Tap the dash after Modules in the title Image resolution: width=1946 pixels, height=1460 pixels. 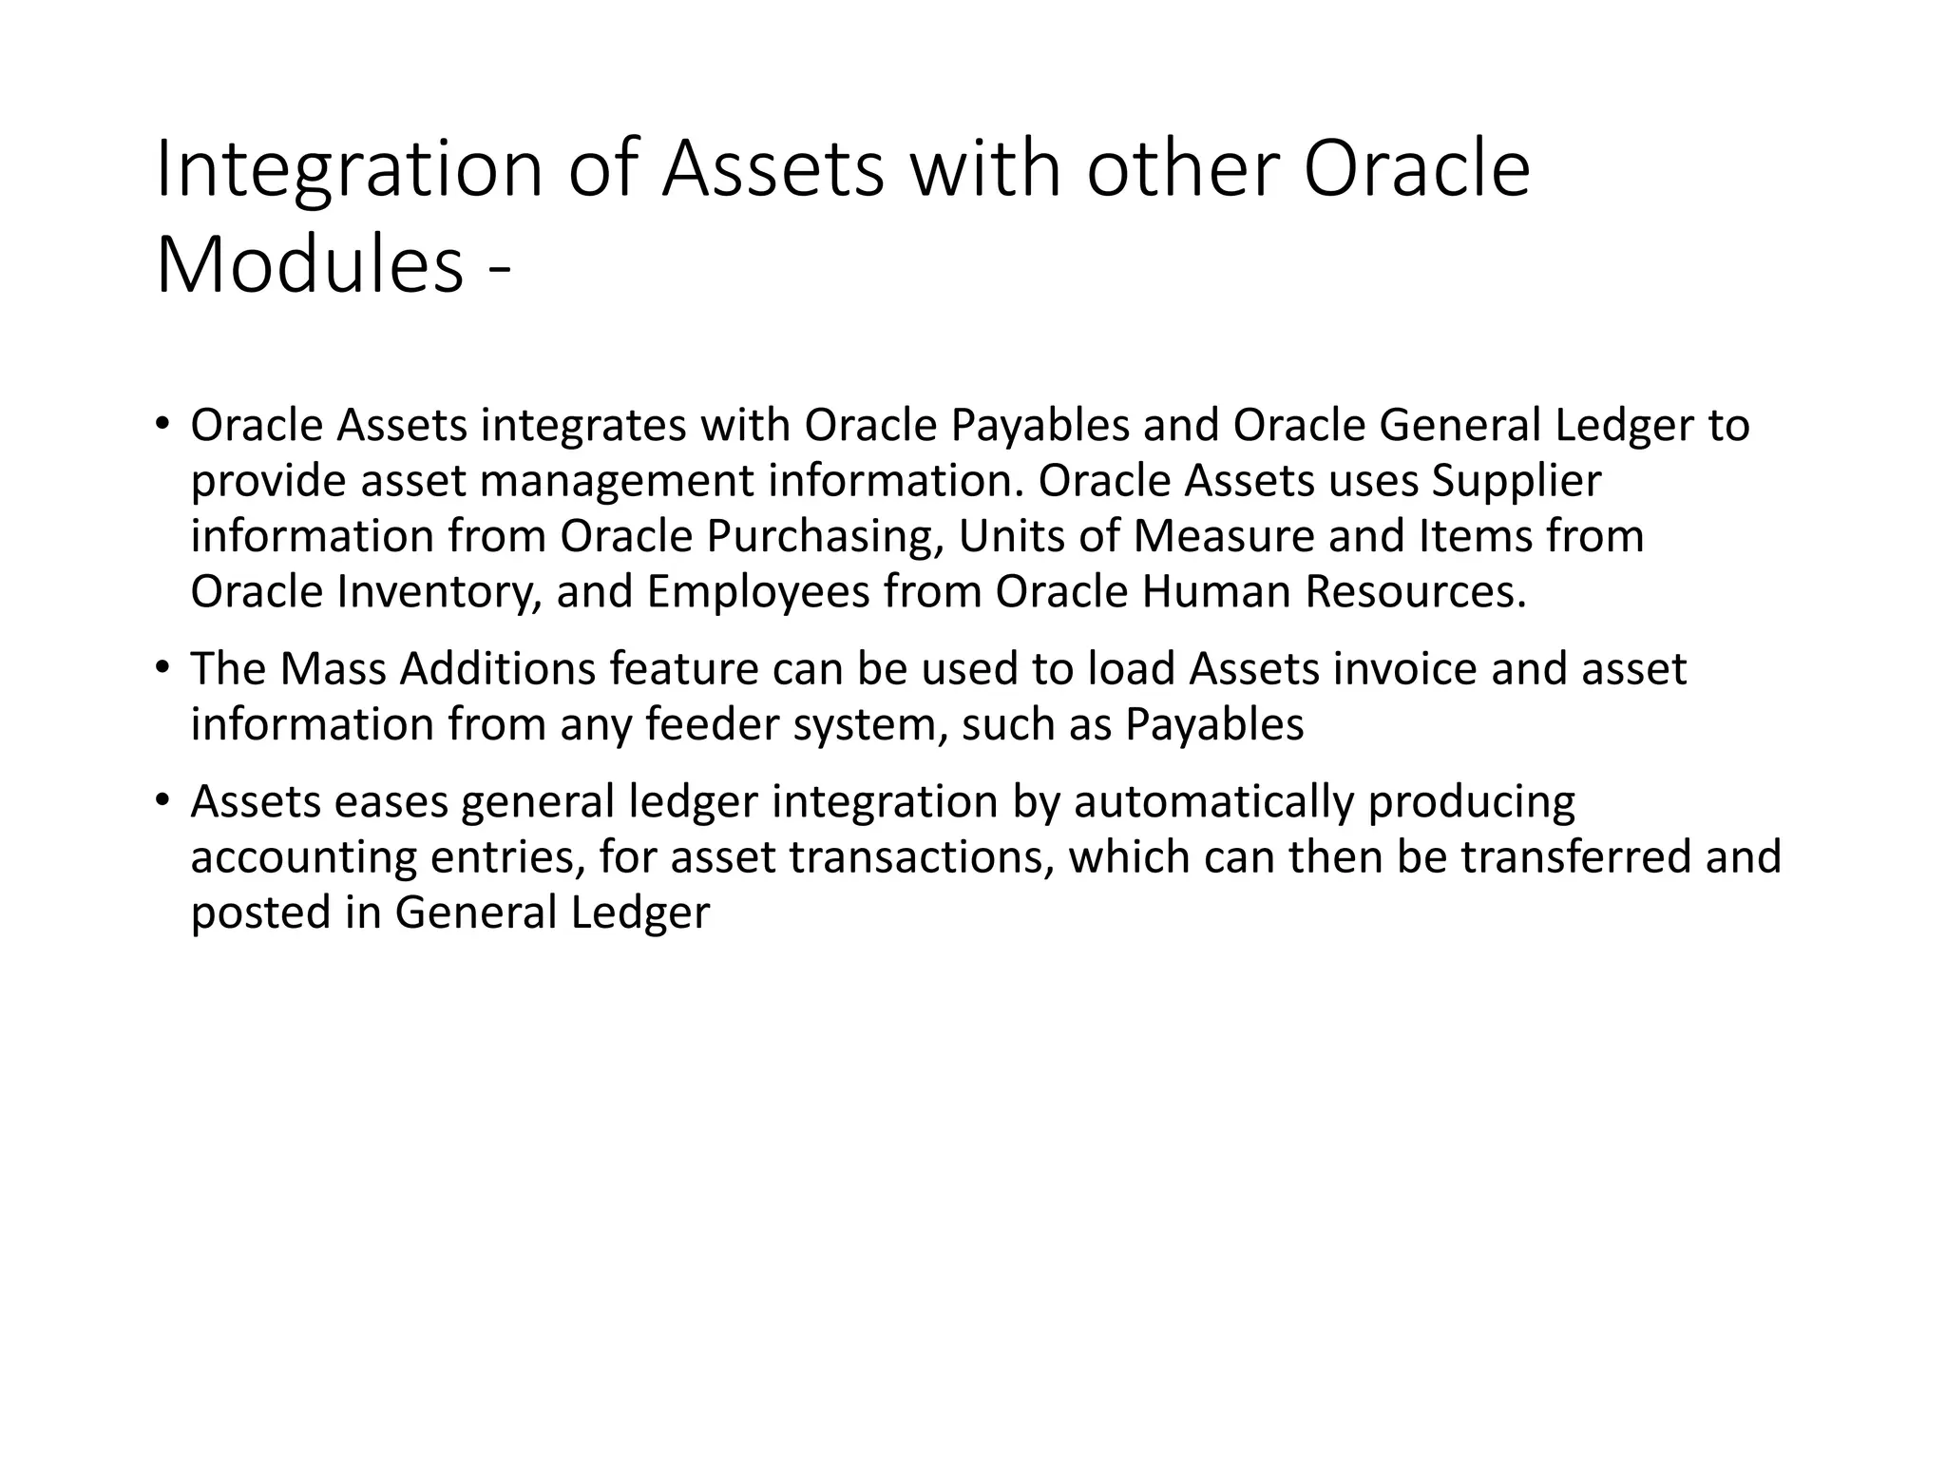(499, 270)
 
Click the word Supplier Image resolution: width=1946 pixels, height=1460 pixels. (1517, 481)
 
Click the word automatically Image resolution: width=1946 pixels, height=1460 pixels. (1213, 801)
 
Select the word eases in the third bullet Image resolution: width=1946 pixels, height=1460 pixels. (391, 801)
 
